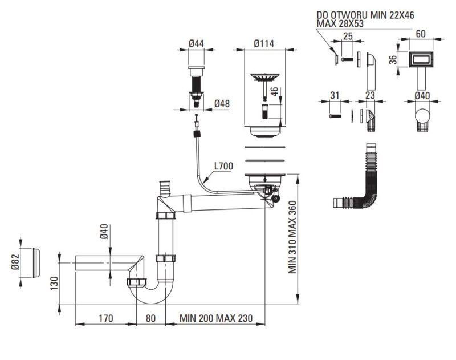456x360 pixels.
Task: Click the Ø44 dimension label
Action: (196, 44)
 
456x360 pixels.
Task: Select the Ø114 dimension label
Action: (264, 44)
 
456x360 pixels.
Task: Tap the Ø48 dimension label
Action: (222, 104)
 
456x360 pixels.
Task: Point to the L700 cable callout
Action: (223, 166)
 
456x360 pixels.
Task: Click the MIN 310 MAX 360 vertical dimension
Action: (292, 237)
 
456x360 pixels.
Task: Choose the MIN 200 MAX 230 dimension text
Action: (216, 318)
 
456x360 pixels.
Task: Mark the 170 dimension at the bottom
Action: (106, 318)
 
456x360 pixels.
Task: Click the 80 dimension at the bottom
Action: (150, 318)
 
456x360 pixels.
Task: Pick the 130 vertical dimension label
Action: (54, 283)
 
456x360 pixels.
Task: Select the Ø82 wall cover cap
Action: (36, 263)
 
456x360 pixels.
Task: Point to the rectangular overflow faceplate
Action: (421, 60)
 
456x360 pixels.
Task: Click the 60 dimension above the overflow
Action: (421, 34)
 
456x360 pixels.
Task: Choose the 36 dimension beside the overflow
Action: (393, 59)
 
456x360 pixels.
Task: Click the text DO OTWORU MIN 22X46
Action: (365, 15)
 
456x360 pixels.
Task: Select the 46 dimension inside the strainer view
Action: (274, 91)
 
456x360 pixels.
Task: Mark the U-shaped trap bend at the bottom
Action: (151, 294)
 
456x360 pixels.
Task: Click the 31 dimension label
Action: (335, 95)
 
